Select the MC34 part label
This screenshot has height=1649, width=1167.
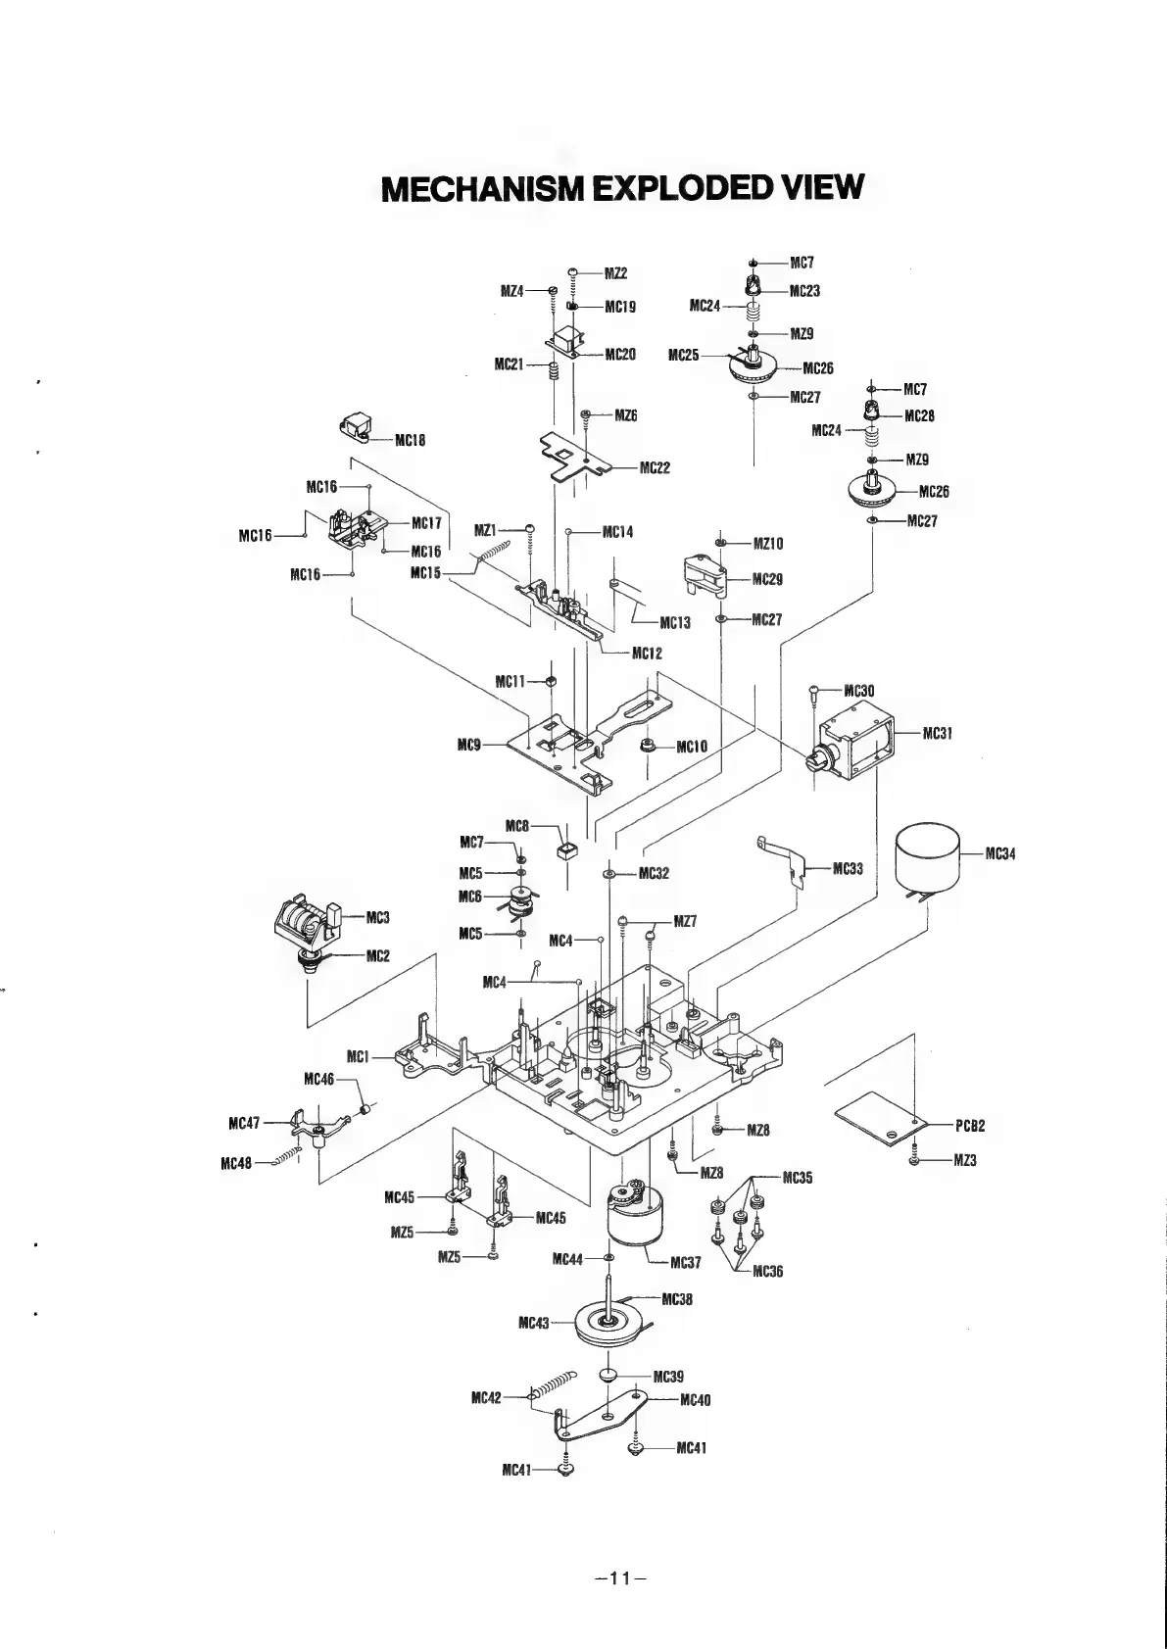(x=1000, y=853)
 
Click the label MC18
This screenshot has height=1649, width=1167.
(x=410, y=440)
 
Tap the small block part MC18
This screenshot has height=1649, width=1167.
(x=357, y=427)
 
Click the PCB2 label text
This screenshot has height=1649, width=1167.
(x=970, y=1125)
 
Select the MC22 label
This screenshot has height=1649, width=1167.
(x=655, y=467)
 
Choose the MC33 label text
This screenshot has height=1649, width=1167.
(x=848, y=868)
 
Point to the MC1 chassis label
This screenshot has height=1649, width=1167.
(x=357, y=1055)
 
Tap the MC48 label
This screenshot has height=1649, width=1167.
(x=237, y=1164)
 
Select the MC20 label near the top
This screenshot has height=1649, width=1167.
(x=621, y=354)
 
